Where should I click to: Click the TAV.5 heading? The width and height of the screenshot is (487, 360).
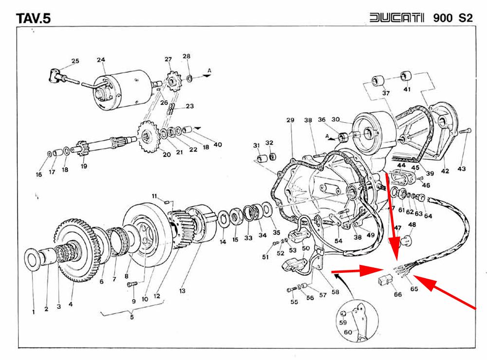[x=33, y=18]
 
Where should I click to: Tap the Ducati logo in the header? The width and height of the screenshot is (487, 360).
[x=396, y=17]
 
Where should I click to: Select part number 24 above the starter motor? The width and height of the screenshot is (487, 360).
[x=101, y=59]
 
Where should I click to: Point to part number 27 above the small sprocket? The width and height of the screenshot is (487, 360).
[x=168, y=59]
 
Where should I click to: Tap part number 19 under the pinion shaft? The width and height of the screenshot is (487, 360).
[x=84, y=166]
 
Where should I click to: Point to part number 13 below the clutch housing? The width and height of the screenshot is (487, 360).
[x=182, y=291]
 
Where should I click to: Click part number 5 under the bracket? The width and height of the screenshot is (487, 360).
[x=132, y=317]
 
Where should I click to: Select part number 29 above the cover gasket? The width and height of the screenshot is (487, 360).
[x=290, y=120]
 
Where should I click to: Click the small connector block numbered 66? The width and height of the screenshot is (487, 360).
[x=384, y=280]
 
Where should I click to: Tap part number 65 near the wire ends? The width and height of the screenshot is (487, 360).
[x=414, y=288]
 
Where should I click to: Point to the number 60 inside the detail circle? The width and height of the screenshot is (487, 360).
[x=348, y=332]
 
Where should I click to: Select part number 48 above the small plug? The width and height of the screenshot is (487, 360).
[x=412, y=224]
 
